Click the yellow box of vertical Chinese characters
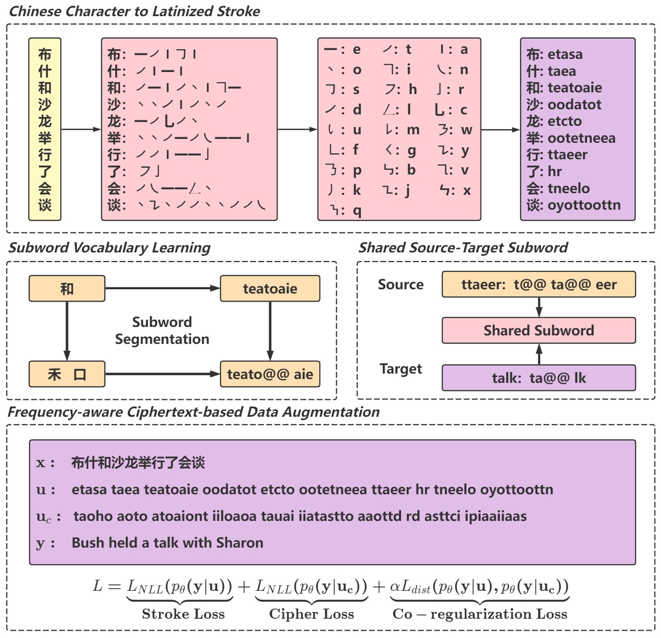tap(44, 129)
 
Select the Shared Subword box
tap(538, 330)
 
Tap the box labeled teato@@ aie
tap(270, 374)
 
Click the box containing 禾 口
tap(67, 374)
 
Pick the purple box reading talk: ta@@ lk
tap(538, 378)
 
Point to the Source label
tap(400, 285)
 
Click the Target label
tap(400, 369)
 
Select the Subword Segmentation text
tap(162, 330)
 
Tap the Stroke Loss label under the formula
tap(183, 614)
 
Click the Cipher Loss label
tap(311, 614)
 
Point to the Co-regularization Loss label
tap(479, 614)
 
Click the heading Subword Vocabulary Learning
tap(109, 248)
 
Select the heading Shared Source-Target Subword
tap(463, 248)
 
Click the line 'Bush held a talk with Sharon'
tap(167, 543)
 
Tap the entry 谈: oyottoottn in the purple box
tap(573, 205)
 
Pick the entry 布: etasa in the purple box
tap(555, 54)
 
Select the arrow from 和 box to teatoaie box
tap(162, 288)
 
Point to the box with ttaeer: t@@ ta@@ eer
tap(538, 285)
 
